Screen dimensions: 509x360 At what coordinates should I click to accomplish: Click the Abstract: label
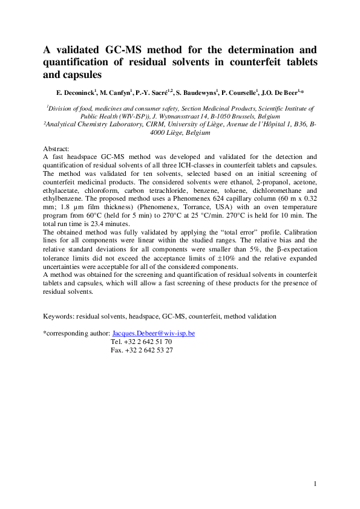[x=57, y=148]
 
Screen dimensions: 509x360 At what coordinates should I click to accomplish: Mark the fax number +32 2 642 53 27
[x=143, y=350]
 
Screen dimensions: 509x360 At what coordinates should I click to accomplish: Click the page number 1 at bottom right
[x=316, y=484]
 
